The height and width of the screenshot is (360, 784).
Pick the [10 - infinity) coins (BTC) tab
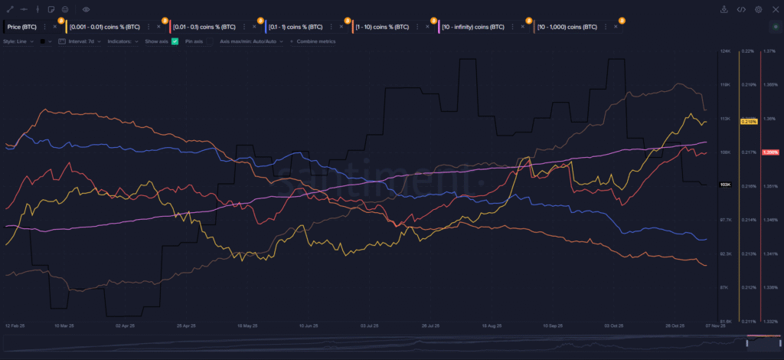tap(473, 26)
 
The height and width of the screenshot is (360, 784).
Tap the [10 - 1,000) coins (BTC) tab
tap(567, 26)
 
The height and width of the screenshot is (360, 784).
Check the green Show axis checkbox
tap(175, 41)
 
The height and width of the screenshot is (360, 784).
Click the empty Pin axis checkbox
tap(209, 41)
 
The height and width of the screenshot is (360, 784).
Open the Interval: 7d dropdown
tap(80, 41)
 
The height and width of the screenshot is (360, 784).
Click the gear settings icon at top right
tap(758, 9)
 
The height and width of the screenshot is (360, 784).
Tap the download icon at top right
tap(724, 9)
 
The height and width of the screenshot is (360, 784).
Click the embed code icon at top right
tap(741, 9)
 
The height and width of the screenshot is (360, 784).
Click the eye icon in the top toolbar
tap(86, 9)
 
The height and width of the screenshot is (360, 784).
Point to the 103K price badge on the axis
tap(726, 185)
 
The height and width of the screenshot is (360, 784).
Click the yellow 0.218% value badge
tap(748, 121)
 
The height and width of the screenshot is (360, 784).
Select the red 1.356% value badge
tap(769, 152)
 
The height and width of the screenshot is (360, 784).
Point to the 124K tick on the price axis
tap(725, 51)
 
